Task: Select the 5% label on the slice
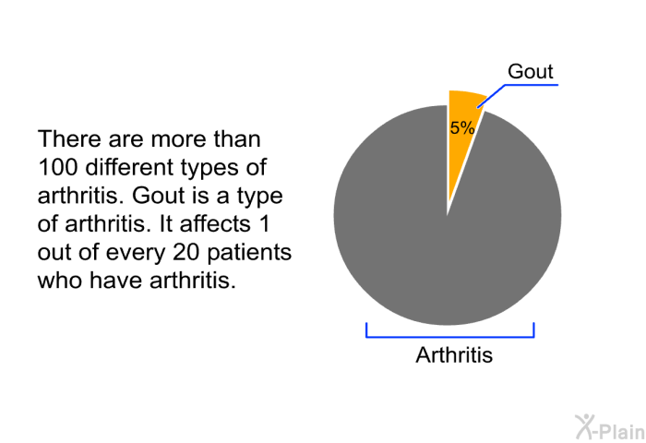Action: tap(462, 127)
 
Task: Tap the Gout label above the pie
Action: tap(531, 71)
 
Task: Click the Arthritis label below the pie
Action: tap(454, 354)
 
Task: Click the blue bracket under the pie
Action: tap(450, 337)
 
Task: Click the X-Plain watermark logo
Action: tap(610, 427)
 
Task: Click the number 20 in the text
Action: tap(186, 252)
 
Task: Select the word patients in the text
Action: tap(249, 253)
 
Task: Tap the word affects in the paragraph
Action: tap(215, 223)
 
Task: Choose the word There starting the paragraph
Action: tap(69, 138)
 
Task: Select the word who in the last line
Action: tap(59, 281)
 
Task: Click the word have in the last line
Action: tap(115, 281)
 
